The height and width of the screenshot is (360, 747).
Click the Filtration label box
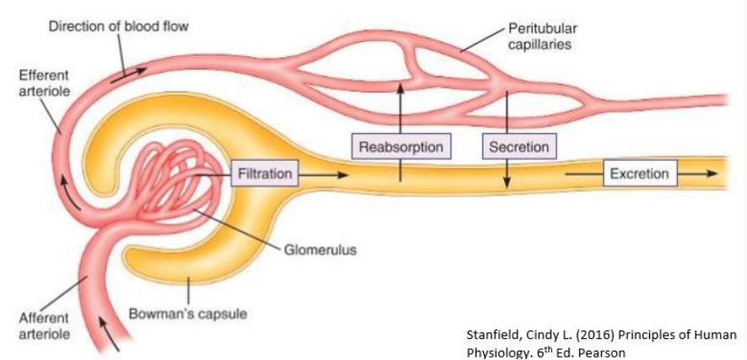point(264,175)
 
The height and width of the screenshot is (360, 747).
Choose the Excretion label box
point(639,175)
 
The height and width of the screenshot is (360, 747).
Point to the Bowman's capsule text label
point(176,314)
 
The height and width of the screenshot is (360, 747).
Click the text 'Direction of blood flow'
point(118,26)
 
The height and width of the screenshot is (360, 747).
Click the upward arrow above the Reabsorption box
point(400,105)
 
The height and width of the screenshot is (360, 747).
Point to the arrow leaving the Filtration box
point(325,175)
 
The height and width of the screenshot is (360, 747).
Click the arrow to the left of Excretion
point(582,175)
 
